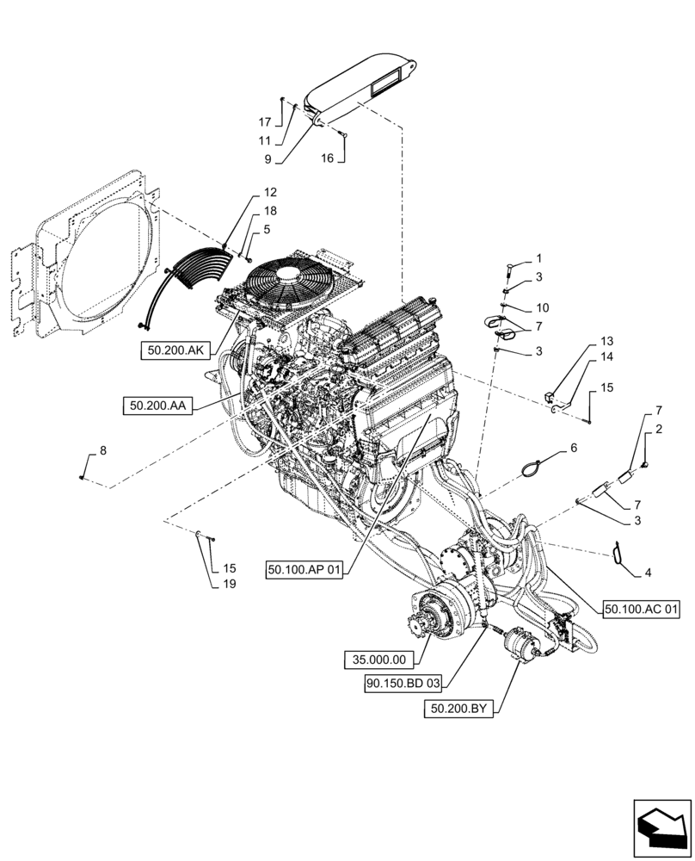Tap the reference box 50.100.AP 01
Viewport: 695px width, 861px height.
(x=305, y=570)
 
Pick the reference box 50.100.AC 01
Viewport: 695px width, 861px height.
(x=641, y=610)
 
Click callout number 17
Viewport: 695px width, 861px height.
(x=265, y=122)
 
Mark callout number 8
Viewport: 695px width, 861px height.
(x=104, y=450)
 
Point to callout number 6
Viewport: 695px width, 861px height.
(x=573, y=449)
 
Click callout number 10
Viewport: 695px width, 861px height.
(x=543, y=307)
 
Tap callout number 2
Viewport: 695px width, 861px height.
(x=658, y=429)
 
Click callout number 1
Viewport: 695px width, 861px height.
(x=538, y=258)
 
